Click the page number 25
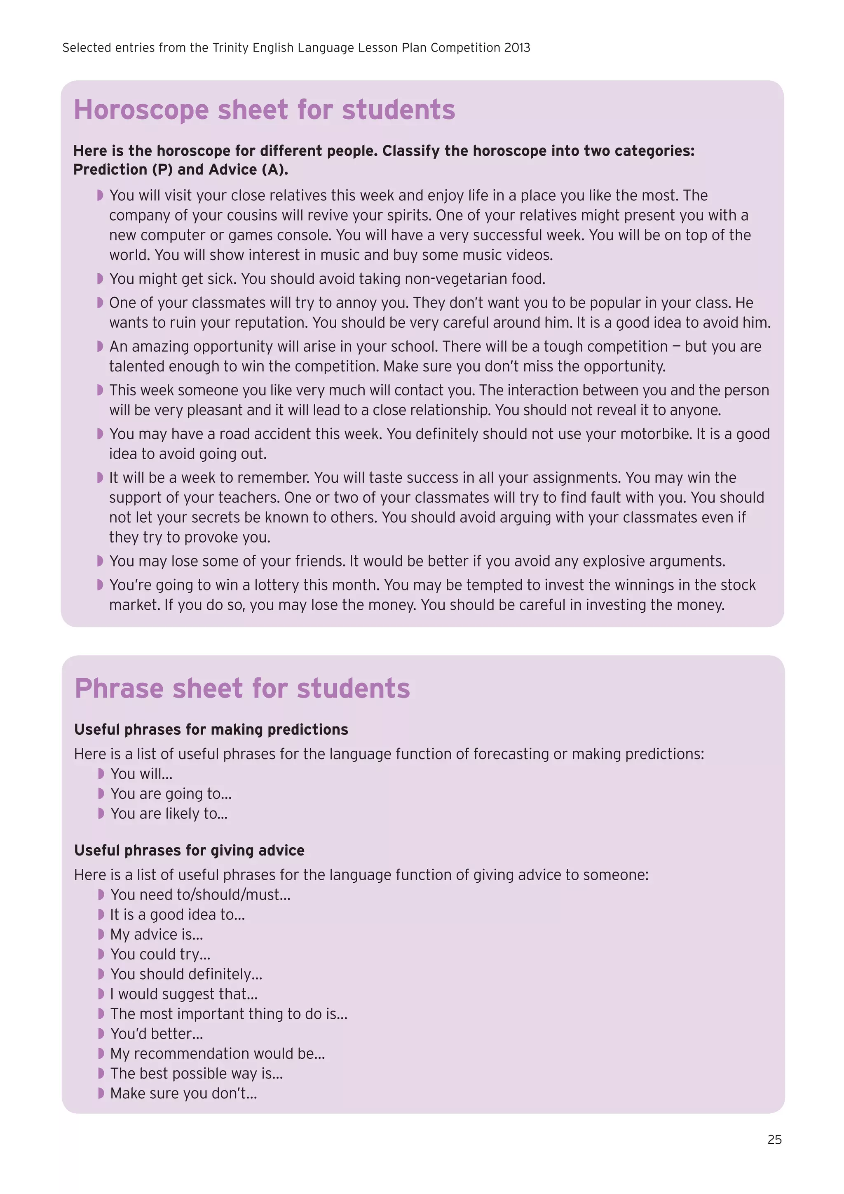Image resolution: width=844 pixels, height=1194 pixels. tap(774, 1140)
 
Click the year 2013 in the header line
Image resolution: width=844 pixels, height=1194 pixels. tap(517, 48)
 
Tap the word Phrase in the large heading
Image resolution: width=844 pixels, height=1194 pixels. tap(119, 689)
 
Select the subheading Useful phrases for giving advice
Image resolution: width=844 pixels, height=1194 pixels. tap(189, 850)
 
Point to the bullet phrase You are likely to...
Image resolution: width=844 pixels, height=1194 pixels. tap(169, 813)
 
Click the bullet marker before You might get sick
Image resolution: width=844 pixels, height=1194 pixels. tap(100, 279)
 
